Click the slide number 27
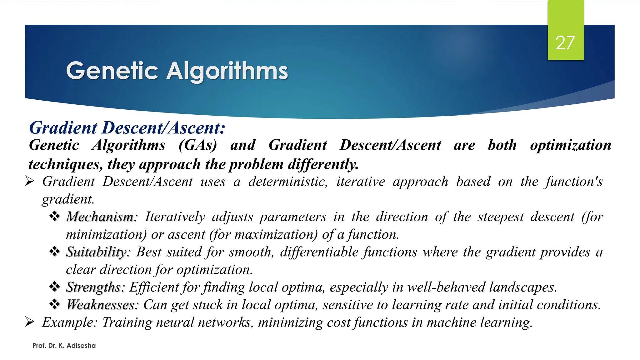tap(565, 43)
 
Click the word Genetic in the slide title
tap(112, 71)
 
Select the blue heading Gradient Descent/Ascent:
tap(127, 128)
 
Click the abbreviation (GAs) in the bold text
tap(197, 145)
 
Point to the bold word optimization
tap(570, 145)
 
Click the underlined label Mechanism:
tap(102, 217)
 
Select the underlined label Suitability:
tap(98, 252)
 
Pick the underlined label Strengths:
tap(95, 287)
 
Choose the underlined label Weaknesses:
tap(102, 305)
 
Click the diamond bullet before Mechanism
tap(55, 216)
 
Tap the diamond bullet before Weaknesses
tap(55, 304)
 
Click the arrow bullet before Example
tap(29, 322)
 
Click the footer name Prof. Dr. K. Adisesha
tap(64, 346)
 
